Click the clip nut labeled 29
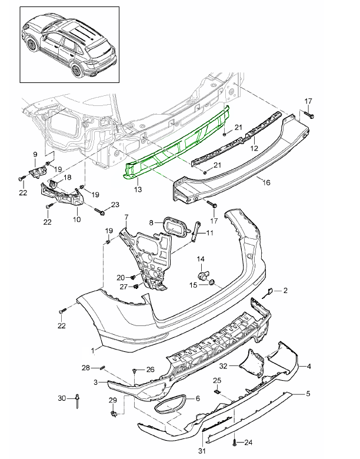click(113, 415)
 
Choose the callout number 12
click(255, 149)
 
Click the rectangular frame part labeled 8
click(175, 227)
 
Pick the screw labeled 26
click(135, 371)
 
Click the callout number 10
click(77, 219)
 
